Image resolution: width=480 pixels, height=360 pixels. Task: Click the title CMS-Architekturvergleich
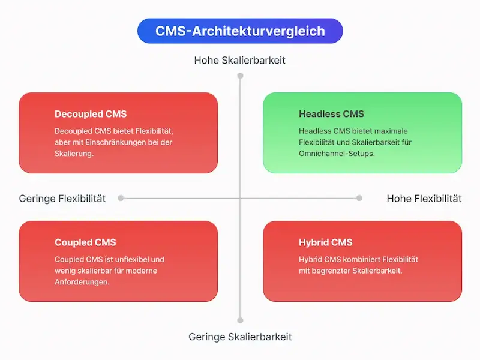click(240, 31)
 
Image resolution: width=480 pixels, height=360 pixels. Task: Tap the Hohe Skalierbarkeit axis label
click(240, 60)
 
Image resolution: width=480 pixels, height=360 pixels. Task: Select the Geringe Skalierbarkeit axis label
click(240, 337)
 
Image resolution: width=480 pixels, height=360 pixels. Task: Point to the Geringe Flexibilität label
click(62, 199)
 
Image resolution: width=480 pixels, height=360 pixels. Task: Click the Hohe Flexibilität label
click(424, 199)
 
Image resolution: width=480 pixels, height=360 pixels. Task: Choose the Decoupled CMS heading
click(91, 114)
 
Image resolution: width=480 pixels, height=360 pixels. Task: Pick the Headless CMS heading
click(331, 114)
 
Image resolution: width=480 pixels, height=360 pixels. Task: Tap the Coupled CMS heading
click(85, 242)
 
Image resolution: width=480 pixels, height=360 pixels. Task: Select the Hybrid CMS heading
click(325, 242)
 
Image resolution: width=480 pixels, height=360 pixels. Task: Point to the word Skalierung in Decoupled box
click(74, 154)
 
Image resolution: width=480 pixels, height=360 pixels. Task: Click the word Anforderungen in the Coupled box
click(81, 282)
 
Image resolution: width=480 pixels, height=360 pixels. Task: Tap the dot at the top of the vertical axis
click(240, 76)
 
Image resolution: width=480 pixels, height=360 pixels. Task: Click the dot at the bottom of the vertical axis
click(240, 320)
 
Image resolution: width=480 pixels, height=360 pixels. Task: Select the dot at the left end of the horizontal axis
click(121, 198)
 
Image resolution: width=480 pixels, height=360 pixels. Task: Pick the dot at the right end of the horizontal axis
click(359, 198)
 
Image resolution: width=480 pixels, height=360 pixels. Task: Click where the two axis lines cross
click(240, 198)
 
